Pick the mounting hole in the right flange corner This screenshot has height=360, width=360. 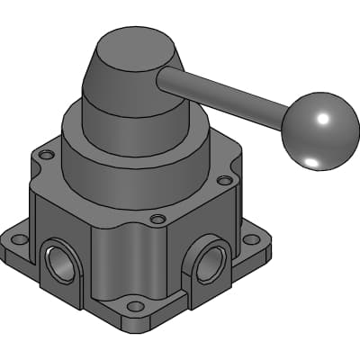pyautogui.click(x=253, y=239)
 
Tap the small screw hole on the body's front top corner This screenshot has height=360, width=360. pyautogui.click(x=157, y=219)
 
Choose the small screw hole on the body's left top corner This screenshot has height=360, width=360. pyautogui.click(x=46, y=155)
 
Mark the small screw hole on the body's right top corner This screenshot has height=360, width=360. pyautogui.click(x=224, y=180)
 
